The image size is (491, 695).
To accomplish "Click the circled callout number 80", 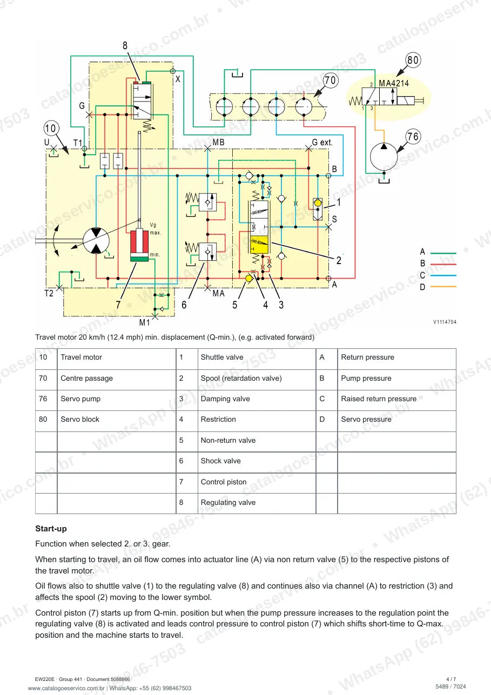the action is [x=413, y=60].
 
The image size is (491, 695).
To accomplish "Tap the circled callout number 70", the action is [x=330, y=80].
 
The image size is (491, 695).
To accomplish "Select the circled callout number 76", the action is [x=413, y=137].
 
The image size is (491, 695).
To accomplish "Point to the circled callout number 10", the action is [x=51, y=128].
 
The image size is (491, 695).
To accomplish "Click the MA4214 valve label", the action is [x=394, y=84].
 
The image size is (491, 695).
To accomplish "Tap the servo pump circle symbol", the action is [x=384, y=157].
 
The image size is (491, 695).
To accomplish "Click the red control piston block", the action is [x=139, y=242].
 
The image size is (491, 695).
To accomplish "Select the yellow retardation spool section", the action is [x=259, y=245].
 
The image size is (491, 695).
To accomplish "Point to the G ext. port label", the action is [x=322, y=143].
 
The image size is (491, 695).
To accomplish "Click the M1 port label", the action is [x=144, y=322].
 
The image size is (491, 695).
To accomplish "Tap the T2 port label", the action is [x=49, y=293].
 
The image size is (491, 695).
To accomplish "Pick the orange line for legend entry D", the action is [x=443, y=287].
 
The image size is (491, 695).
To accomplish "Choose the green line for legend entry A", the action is [x=443, y=253].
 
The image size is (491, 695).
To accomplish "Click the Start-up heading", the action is [x=51, y=528].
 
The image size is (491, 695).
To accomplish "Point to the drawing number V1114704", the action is [x=445, y=322].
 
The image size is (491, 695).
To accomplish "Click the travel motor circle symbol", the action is [x=96, y=240].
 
